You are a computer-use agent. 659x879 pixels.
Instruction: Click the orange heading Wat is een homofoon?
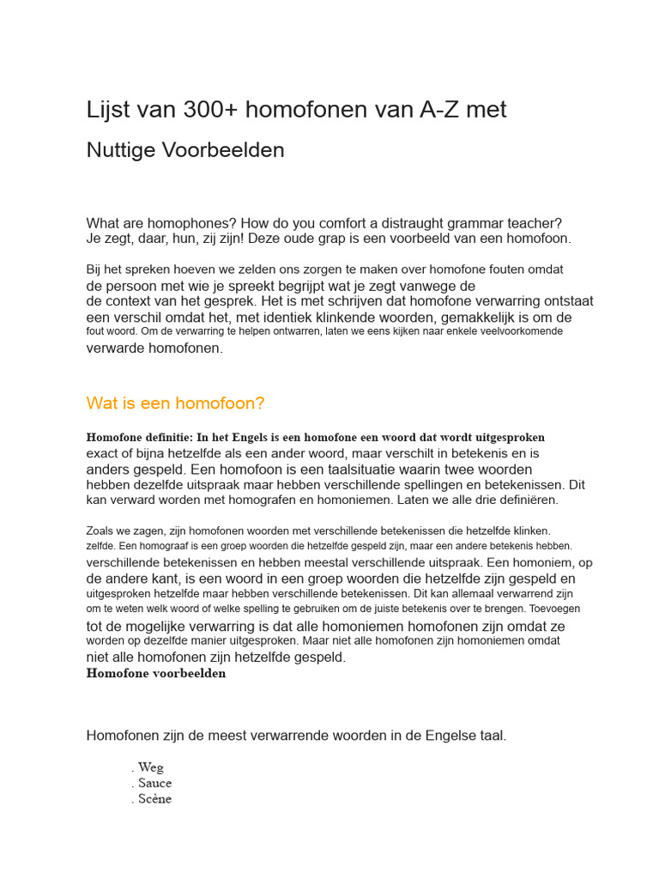pyautogui.click(x=176, y=403)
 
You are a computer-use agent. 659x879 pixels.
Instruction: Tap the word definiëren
pyautogui.click(x=529, y=500)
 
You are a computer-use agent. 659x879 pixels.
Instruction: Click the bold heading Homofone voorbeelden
pyautogui.click(x=156, y=674)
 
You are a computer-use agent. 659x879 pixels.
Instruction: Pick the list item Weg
pyautogui.click(x=150, y=767)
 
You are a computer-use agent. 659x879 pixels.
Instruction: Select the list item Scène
pyautogui.click(x=154, y=799)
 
